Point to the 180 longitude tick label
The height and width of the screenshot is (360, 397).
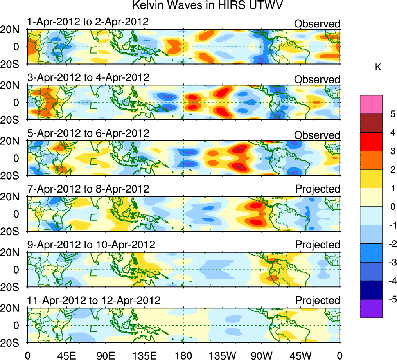pos(183,355)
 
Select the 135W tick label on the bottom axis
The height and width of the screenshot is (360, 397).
pos(222,355)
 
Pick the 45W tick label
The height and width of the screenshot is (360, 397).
pos(300,355)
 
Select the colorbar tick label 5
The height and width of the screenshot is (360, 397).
pos(392,114)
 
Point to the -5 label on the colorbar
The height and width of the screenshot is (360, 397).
pos(391,299)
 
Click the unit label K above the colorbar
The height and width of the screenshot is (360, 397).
pos(378,67)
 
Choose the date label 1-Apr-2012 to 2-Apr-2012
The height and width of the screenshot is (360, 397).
pos(88,22)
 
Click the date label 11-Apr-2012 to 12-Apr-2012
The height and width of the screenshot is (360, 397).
pos(94,300)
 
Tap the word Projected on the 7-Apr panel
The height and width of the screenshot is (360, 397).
pos(318,189)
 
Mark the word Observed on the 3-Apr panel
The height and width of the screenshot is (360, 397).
pos(317,79)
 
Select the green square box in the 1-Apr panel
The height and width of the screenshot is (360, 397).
pos(93,50)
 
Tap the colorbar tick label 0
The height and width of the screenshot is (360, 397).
pos(392,207)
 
